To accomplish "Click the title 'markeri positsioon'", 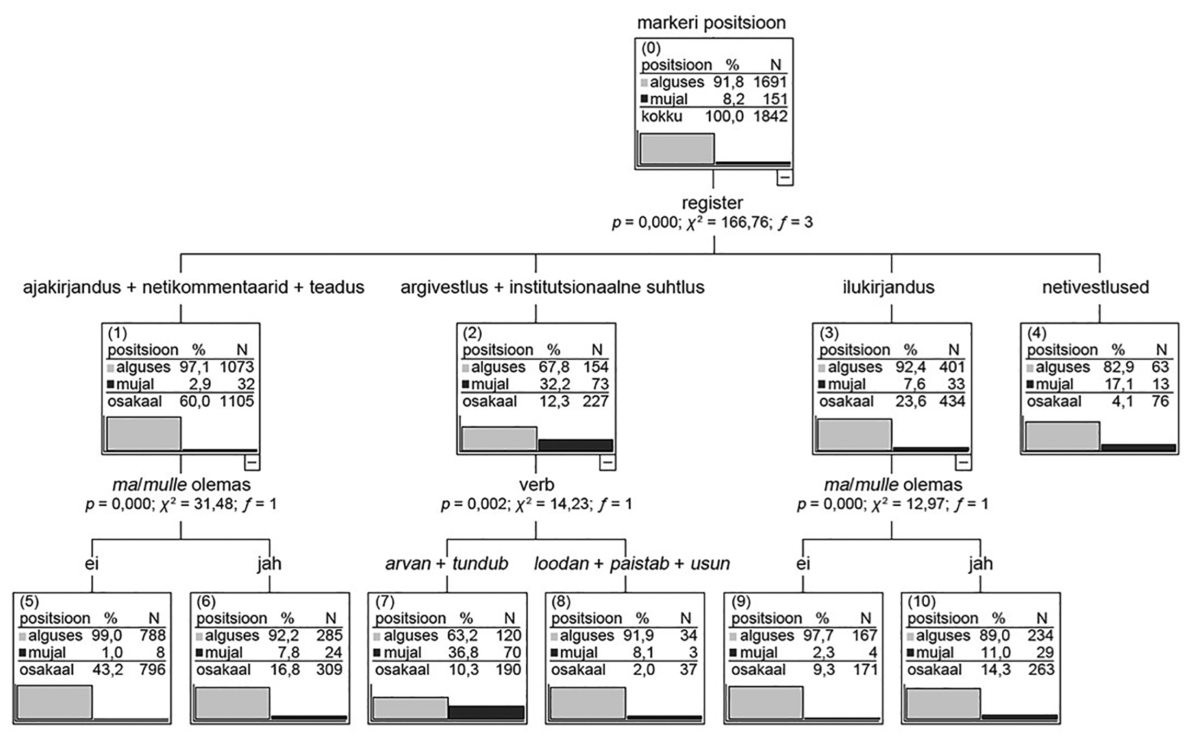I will coord(711,23).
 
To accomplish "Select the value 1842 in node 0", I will coord(770,116).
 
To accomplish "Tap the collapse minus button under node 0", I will coord(785,178).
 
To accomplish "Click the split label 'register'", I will coord(712,203).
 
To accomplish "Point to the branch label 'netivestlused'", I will coord(1095,287).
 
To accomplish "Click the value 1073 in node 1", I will coord(236,367).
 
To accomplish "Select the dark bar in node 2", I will coord(575,445).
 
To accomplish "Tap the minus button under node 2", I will coord(607,463).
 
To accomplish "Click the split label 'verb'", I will coord(536,485).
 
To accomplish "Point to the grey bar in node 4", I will coord(1062,436).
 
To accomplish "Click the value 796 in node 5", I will coord(152,670).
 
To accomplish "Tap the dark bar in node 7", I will coord(486,712).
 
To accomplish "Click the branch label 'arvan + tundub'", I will coord(447,564).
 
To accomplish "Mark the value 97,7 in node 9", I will coord(822,635).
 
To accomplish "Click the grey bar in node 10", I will coord(943,704).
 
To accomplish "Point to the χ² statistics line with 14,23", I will coord(536,504).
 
